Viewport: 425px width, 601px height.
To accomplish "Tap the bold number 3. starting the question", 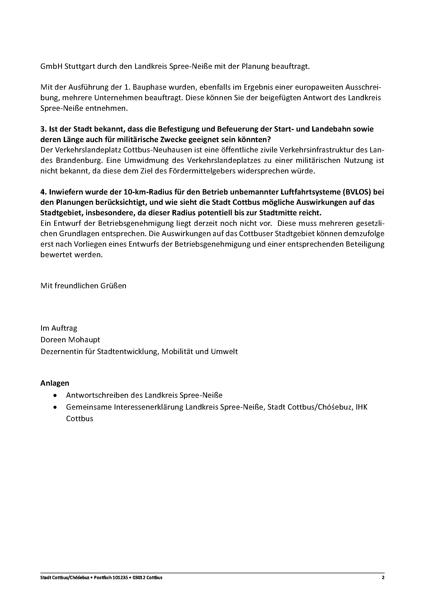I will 43,129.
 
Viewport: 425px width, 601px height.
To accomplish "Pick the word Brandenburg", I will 79,160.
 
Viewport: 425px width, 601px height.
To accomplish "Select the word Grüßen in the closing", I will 114,285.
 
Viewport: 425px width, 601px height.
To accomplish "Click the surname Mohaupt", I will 84,340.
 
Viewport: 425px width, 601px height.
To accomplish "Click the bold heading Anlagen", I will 55,383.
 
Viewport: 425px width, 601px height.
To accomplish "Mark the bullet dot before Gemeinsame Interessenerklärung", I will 55,407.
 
